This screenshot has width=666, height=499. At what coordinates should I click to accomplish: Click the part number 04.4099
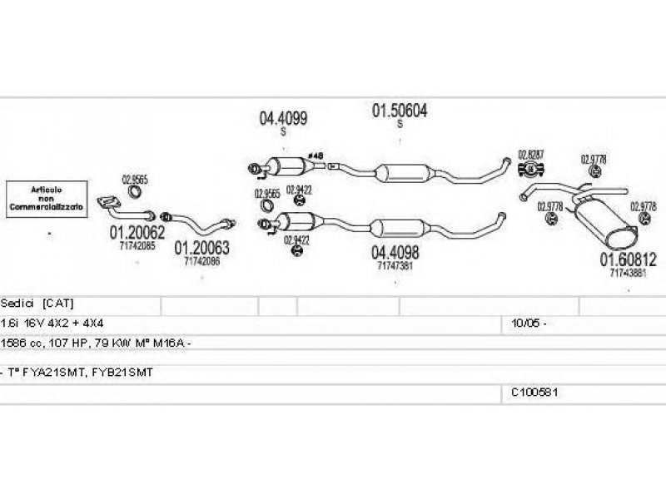tap(283, 120)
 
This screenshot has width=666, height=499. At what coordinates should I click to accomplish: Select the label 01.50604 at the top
tap(399, 111)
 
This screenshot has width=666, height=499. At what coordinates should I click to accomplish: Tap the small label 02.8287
tap(530, 154)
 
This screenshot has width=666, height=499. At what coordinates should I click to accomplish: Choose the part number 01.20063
tap(201, 247)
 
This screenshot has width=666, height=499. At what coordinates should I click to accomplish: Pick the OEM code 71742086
tap(201, 260)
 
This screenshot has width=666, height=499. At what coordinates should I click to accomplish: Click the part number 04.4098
tap(395, 252)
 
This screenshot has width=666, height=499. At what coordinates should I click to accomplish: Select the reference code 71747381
tap(395, 265)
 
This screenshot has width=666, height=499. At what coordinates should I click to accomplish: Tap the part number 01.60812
tap(629, 259)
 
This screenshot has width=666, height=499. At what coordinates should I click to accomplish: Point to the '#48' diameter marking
tap(315, 156)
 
